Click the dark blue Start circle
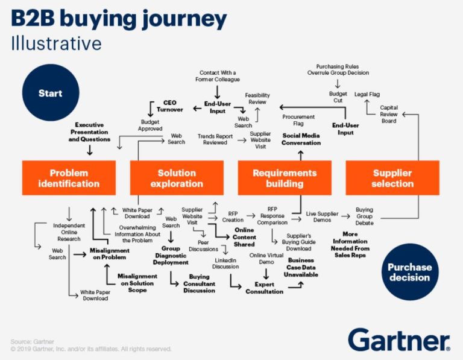51,93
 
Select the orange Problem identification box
69,178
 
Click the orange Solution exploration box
177,178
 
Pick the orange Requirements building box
285,178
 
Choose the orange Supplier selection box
392,178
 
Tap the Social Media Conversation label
301,139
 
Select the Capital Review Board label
389,115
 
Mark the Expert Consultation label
264,288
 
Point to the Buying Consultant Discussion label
198,283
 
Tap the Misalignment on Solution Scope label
137,283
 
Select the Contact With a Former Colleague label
217,75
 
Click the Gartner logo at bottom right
398,339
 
